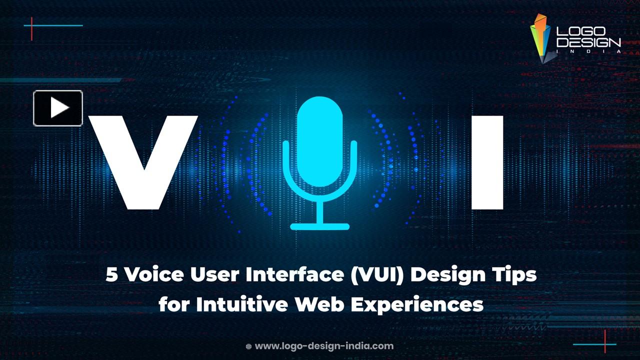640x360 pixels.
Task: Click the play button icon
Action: pyautogui.click(x=58, y=108)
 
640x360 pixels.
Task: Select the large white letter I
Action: pyautogui.click(x=486, y=162)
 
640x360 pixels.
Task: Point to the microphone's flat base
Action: pyautogui.click(x=319, y=226)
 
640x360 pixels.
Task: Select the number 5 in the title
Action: pyautogui.click(x=112, y=274)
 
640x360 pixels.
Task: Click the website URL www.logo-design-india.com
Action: pyautogui.click(x=324, y=346)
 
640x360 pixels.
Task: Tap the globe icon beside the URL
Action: pyautogui.click(x=248, y=346)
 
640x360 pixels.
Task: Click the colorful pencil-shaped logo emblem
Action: pyautogui.click(x=540, y=38)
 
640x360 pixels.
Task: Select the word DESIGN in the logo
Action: pyautogui.click(x=588, y=43)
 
